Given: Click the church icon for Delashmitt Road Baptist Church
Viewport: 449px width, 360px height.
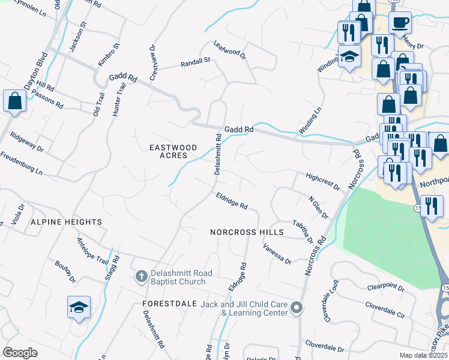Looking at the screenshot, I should click(x=141, y=276).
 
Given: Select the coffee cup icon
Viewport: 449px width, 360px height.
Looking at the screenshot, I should click(x=400, y=22).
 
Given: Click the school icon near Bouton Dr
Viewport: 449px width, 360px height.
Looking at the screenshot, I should click(x=79, y=307).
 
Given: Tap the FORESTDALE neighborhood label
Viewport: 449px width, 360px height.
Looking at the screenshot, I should click(x=170, y=304).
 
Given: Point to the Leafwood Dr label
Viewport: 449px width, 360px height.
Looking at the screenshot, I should click(x=231, y=50).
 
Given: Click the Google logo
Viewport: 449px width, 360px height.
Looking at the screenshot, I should click(x=20, y=353).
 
